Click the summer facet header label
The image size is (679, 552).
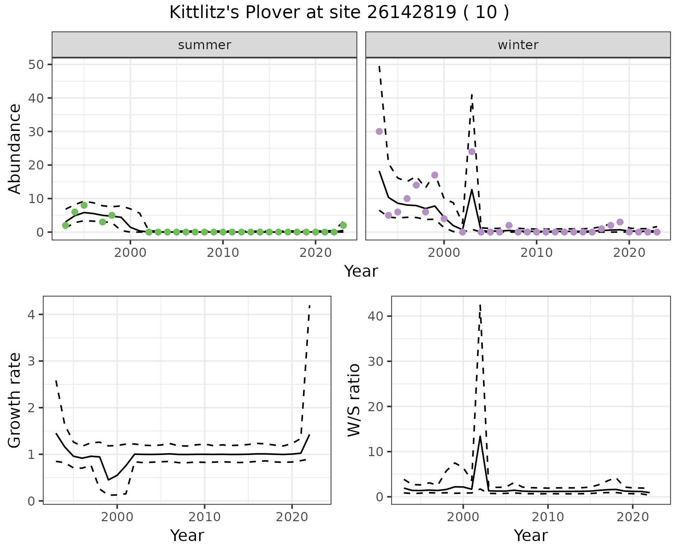[x=204, y=45]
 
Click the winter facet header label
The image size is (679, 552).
[x=518, y=45]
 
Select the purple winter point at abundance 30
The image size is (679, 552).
[x=379, y=131]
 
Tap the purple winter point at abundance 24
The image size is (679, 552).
[x=472, y=151]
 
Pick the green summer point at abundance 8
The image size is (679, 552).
[x=84, y=205]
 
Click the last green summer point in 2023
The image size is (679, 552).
[x=343, y=225]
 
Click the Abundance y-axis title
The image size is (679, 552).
[x=15, y=149]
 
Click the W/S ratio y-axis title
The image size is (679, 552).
[x=354, y=400]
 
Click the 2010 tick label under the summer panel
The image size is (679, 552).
[x=223, y=253]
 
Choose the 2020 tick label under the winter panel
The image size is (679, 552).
[x=629, y=253]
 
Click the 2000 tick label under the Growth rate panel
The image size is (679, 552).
[x=117, y=517]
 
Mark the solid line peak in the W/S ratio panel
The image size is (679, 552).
[x=480, y=436]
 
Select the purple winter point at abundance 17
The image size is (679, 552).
[x=435, y=175]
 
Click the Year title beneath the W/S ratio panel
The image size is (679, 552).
[x=530, y=535]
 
